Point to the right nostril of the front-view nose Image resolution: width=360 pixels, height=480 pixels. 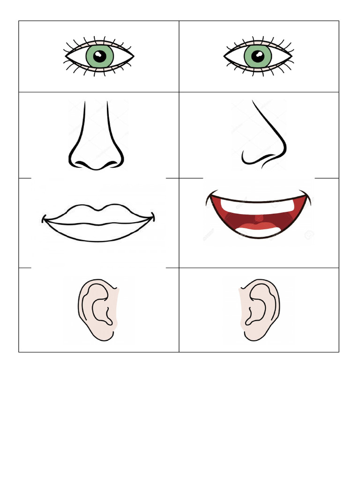[x=111, y=164]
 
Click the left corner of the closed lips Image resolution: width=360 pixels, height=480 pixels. [x=45, y=218]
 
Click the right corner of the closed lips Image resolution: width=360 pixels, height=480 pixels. [x=153, y=217]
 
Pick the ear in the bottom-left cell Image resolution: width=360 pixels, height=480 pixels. [x=97, y=309]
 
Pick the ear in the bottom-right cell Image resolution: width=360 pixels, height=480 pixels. [x=259, y=309]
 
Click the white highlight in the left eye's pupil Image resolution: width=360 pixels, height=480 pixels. [x=97, y=54]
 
